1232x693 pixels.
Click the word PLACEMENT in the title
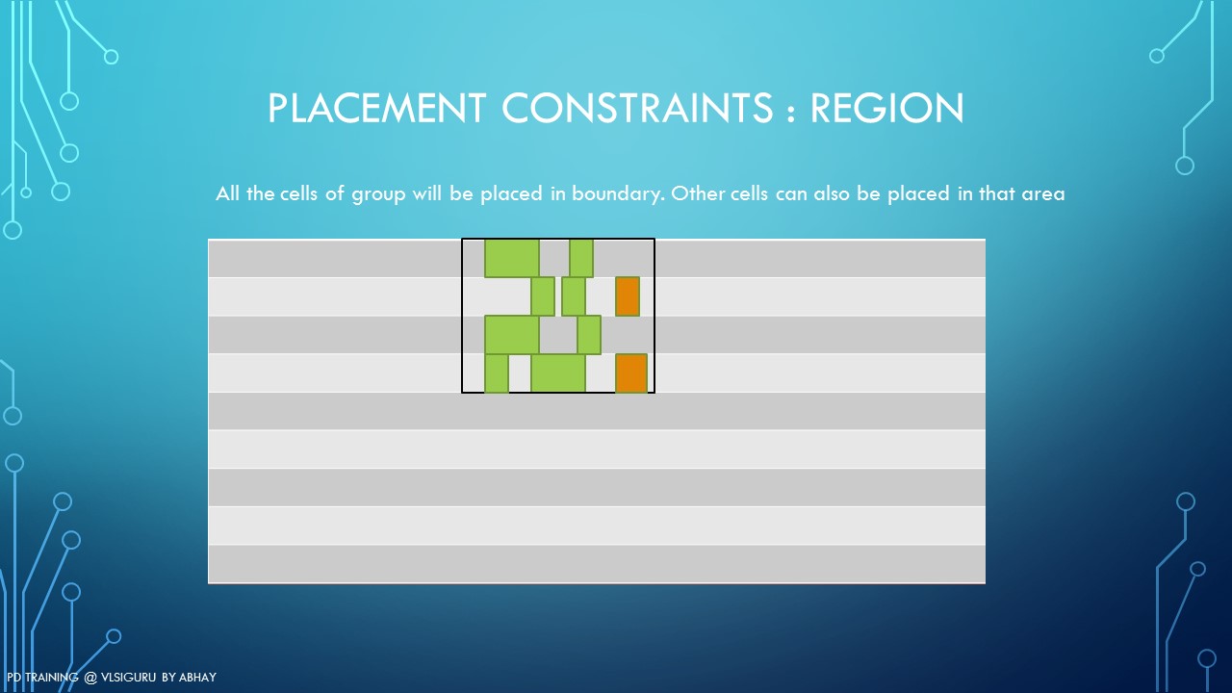376,108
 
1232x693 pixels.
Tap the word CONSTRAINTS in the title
637,108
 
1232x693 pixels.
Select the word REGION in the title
887,108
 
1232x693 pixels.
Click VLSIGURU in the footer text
129,677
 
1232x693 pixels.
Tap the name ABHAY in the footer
197,677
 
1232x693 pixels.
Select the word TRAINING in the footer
52,677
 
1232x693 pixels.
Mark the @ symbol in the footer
90,678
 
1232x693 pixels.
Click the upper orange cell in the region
627,296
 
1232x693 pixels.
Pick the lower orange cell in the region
630,373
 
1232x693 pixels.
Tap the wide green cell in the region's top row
511,258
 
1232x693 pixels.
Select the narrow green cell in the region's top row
581,258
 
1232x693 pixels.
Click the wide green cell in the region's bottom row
557,373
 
